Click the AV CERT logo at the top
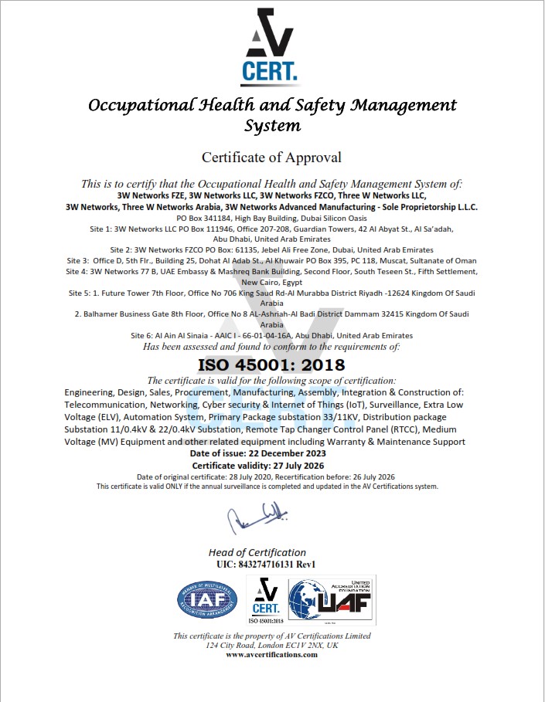(x=269, y=49)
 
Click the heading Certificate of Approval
(x=271, y=158)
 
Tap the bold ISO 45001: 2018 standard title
(x=271, y=363)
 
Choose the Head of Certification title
(x=257, y=552)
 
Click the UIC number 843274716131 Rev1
(x=267, y=564)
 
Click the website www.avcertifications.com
(x=271, y=654)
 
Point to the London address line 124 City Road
(x=271, y=645)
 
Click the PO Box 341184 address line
(x=271, y=219)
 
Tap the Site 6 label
(x=144, y=336)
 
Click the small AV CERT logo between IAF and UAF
(x=266, y=599)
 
